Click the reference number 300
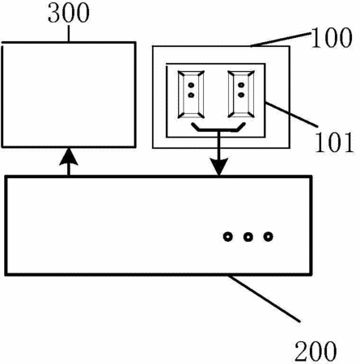[69, 13]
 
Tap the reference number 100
[332, 38]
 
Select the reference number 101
[334, 142]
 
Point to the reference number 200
[316, 351]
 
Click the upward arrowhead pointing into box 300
[69, 156]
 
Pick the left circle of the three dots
[228, 237]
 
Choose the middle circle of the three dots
[248, 237]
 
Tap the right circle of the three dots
[268, 237]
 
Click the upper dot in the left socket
[191, 85]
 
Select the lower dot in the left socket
[191, 95]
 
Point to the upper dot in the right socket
[241, 85]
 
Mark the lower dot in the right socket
[241, 95]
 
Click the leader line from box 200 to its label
[265, 298]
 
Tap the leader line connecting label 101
[291, 114]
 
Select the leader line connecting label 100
[281, 40]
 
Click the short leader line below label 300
[69, 33]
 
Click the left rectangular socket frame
[191, 95]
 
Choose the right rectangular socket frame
[241, 95]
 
